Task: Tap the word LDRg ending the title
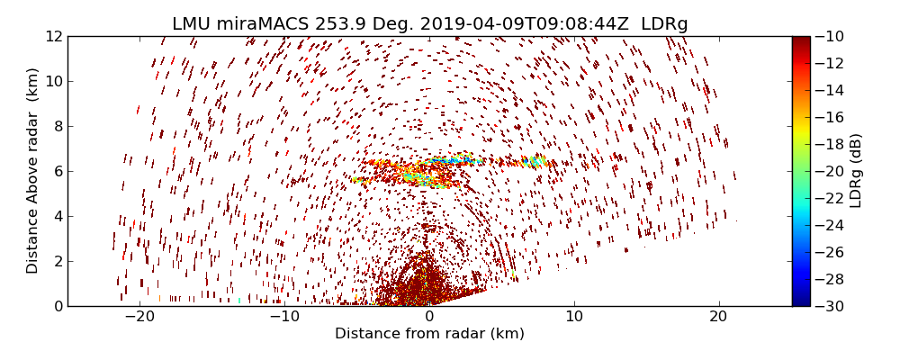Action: point(664,24)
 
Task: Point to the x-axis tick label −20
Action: point(139,317)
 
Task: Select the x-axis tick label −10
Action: point(284,317)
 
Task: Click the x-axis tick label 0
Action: point(429,317)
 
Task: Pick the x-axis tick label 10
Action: point(574,317)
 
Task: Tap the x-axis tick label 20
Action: point(718,317)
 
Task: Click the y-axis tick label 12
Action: point(53,37)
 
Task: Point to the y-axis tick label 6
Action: point(57,171)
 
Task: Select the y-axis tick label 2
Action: point(57,261)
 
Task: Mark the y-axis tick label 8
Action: point(57,127)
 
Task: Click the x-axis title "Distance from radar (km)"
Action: point(429,334)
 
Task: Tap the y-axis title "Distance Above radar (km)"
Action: point(32,171)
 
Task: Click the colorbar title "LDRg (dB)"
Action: point(856,171)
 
